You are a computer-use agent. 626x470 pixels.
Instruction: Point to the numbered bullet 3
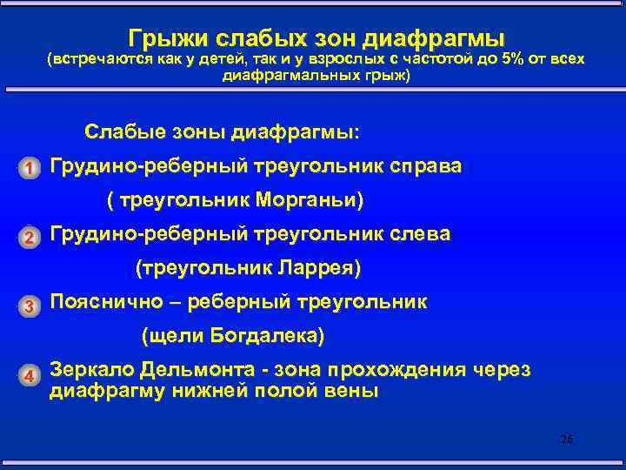pyautogui.click(x=29, y=305)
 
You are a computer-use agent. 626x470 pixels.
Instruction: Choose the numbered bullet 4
pyautogui.click(x=29, y=375)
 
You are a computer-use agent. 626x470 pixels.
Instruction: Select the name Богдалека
pyautogui.click(x=276, y=336)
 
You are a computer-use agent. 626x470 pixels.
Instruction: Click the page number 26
pyautogui.click(x=567, y=440)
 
